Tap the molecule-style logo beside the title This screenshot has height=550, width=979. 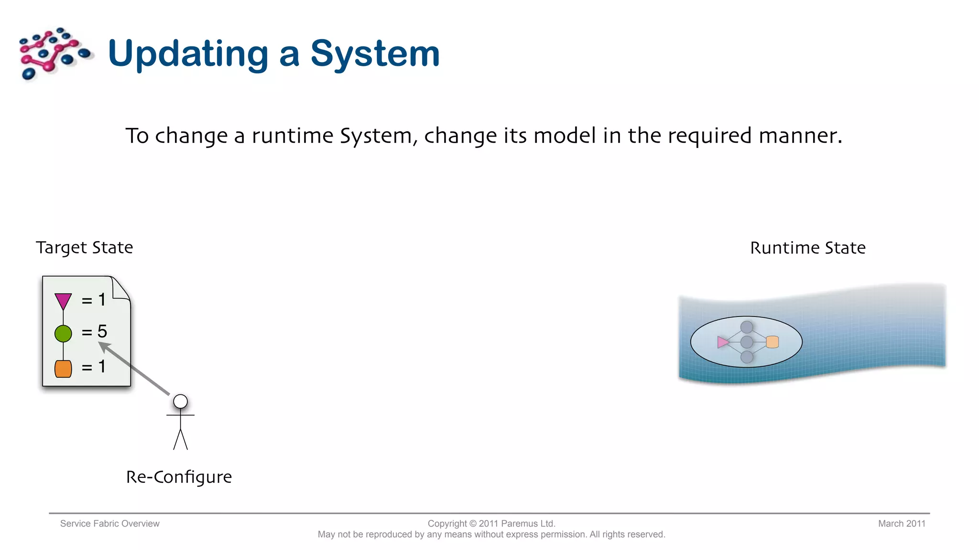point(54,53)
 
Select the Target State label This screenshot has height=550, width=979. point(84,248)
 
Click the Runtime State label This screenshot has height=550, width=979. point(807,248)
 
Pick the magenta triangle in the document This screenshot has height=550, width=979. point(63,301)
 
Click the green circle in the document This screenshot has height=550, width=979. point(63,333)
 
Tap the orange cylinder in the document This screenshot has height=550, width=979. point(63,369)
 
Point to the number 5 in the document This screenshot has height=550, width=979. point(102,331)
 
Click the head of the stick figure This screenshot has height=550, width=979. point(180,402)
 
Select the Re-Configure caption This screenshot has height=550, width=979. point(179,477)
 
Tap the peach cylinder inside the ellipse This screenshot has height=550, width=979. point(772,342)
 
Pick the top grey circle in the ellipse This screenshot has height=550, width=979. point(747,327)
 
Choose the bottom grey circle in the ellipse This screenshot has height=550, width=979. point(747,357)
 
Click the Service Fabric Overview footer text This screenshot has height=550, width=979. point(109,524)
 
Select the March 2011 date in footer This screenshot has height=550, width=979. point(902,524)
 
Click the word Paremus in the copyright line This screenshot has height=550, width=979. point(519,524)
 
